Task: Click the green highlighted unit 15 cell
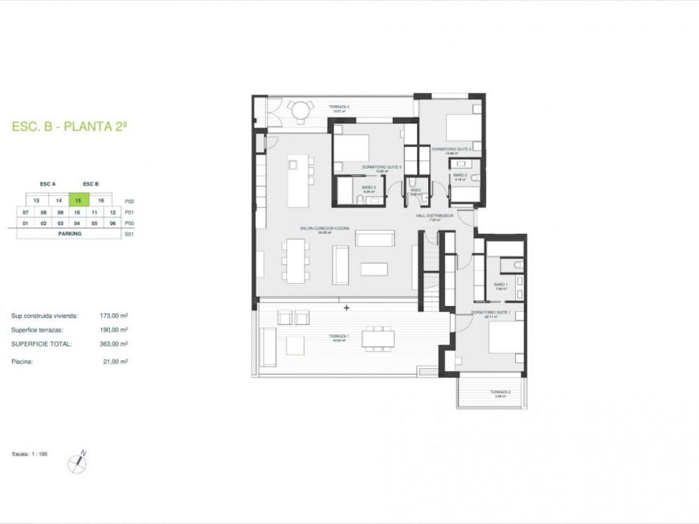(78, 201)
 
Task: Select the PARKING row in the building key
(69, 233)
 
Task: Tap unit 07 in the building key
(26, 212)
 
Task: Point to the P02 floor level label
(129, 201)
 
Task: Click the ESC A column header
(48, 184)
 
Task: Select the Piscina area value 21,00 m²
(117, 362)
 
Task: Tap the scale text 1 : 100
(39, 455)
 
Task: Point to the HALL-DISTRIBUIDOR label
(435, 216)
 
